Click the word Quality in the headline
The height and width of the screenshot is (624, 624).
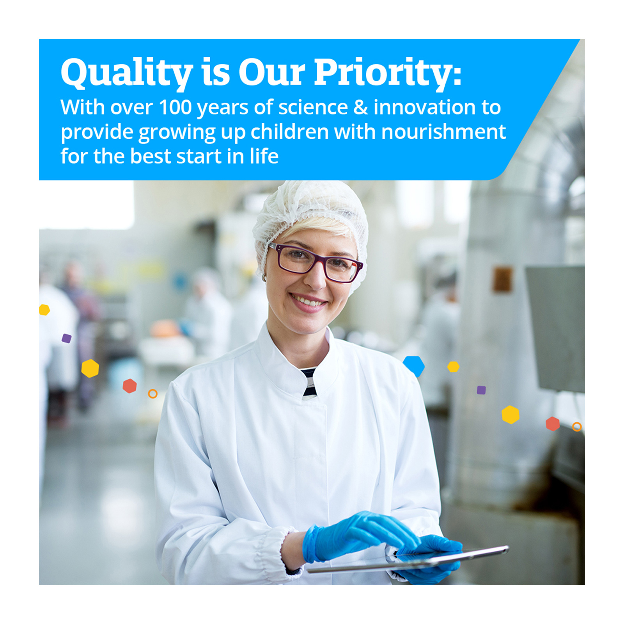(x=127, y=73)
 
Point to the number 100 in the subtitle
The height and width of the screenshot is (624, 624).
(x=175, y=107)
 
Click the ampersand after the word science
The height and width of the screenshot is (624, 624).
(x=360, y=107)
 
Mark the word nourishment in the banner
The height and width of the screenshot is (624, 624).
(x=443, y=132)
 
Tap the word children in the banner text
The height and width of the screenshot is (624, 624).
(x=289, y=131)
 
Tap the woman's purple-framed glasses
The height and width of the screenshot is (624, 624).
(x=316, y=262)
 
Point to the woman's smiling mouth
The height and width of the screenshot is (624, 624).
(x=308, y=302)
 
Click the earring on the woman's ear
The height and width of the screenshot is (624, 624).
(x=264, y=278)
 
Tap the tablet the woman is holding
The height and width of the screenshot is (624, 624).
(x=408, y=559)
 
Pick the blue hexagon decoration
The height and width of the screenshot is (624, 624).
(x=414, y=366)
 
